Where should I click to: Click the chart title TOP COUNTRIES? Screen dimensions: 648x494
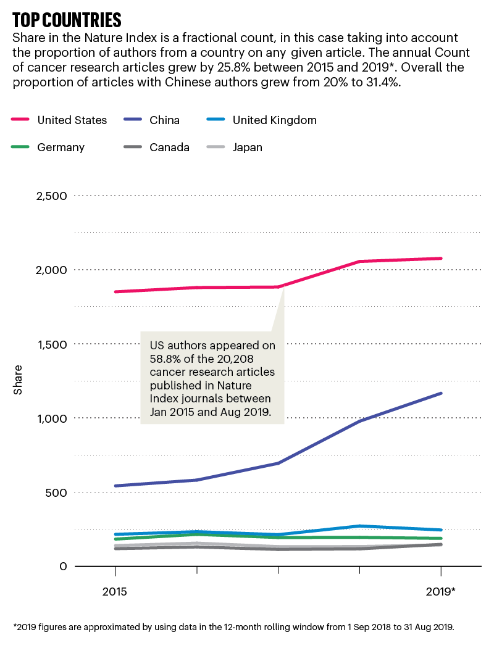pos(67,19)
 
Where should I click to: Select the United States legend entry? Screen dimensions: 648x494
pos(72,120)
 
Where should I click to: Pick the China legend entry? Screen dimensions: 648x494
pos(164,120)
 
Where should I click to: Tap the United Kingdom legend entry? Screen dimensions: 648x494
pos(274,120)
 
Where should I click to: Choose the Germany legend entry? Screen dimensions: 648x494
pos(61,147)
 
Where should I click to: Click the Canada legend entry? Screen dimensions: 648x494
pos(169,147)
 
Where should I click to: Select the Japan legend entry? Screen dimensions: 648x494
pos(247,147)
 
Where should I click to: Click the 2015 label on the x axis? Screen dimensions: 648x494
pos(114,591)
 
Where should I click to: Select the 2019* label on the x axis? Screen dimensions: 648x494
pos(441,591)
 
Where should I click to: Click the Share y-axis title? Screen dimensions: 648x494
pos(18,380)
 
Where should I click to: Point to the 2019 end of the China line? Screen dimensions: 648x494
pos(441,393)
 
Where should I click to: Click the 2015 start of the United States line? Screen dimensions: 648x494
pos(115,291)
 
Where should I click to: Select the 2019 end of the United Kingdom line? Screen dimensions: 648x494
pos(441,530)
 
